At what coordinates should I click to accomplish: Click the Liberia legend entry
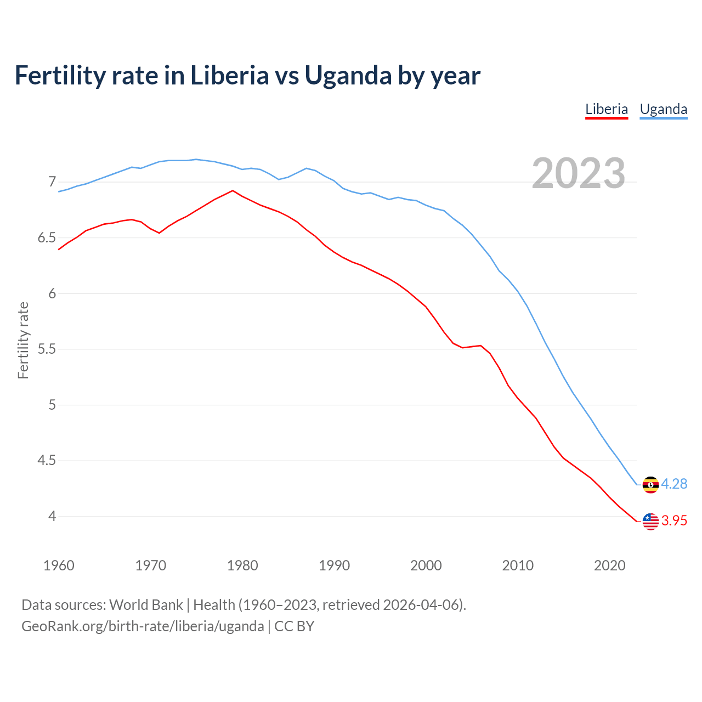tap(606, 109)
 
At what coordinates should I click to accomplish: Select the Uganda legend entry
tap(663, 109)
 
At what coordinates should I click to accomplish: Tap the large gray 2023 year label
tap(578, 173)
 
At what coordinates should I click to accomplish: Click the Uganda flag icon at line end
tap(650, 485)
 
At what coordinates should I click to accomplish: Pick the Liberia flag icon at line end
tap(650, 521)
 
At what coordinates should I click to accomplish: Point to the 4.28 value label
tap(674, 484)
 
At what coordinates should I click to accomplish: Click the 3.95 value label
tap(674, 520)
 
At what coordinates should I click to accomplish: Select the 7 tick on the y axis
tap(52, 182)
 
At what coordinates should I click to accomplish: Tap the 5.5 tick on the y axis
tap(47, 349)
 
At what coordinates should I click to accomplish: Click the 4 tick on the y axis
tap(52, 516)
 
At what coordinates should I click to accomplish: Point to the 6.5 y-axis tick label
tap(47, 238)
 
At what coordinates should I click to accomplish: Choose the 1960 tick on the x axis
tap(59, 565)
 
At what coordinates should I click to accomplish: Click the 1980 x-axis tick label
tap(242, 565)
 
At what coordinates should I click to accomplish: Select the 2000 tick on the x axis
tap(426, 565)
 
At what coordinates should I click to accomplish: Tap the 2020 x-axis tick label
tap(609, 565)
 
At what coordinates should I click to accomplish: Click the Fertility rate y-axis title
tap(23, 340)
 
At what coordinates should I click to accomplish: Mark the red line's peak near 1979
tap(233, 191)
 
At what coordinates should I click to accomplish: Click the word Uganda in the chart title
tap(348, 75)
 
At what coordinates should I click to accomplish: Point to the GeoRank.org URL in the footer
tap(143, 626)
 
